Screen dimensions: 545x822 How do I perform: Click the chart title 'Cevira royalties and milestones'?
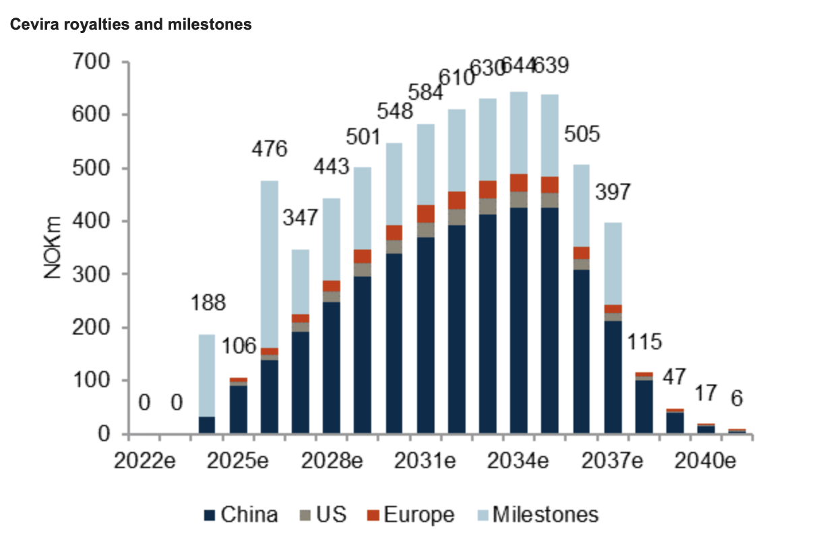[130, 25]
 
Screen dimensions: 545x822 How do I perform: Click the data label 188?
[207, 304]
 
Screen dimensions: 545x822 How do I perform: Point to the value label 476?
[269, 148]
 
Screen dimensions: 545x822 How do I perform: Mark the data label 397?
[612, 192]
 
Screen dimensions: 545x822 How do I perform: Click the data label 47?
[674, 376]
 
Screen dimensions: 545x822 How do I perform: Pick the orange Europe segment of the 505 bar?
[581, 253]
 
